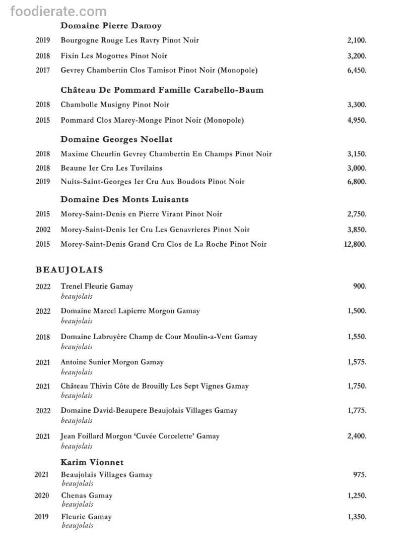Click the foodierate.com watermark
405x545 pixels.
58,11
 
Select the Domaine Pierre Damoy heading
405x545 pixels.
111,26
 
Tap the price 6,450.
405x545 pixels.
357,70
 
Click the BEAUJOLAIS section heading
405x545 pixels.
70,270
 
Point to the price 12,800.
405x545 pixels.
355,244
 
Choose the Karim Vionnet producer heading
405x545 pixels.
92,462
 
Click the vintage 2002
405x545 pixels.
43,230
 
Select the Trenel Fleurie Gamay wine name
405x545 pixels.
97,286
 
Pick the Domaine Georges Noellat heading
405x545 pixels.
117,139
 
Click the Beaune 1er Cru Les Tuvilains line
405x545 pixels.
111,168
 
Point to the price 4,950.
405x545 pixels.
357,120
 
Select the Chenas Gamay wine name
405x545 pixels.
87,496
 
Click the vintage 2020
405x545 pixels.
42,496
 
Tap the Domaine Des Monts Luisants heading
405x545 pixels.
124,199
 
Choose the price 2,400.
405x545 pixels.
357,436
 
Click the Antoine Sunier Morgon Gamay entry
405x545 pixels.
112,362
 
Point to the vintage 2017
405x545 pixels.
43,70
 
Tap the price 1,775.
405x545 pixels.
357,410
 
